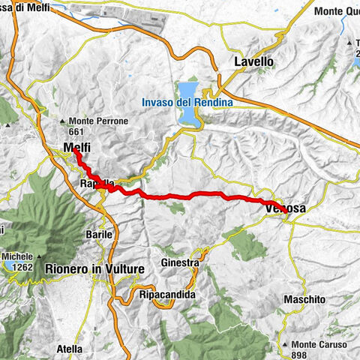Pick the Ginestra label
[179, 263]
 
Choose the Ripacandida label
[167, 295]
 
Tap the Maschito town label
[304, 299]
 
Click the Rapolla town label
[96, 184]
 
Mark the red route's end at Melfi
[76, 154]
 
